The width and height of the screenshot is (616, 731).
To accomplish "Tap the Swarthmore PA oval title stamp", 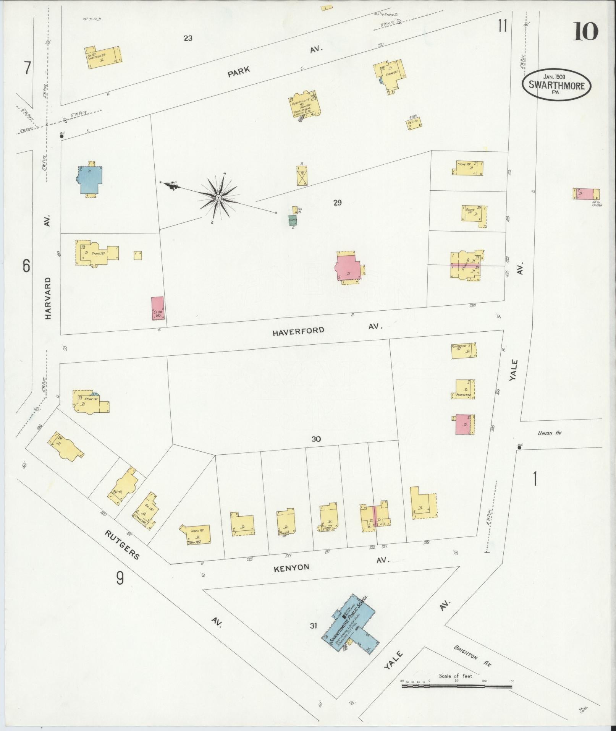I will (x=556, y=86).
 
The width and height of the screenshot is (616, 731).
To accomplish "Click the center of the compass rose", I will (x=218, y=198).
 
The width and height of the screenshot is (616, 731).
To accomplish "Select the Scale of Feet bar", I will (x=456, y=687).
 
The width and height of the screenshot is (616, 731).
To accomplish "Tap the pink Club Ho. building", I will (x=158, y=308).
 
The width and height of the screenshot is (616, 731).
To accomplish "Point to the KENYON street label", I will (x=291, y=568).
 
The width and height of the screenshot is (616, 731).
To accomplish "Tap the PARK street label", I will (x=239, y=71).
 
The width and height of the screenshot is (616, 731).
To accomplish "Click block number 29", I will (x=337, y=203).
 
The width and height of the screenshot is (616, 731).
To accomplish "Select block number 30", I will (x=316, y=439).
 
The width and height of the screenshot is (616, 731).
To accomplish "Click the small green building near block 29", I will (x=293, y=220).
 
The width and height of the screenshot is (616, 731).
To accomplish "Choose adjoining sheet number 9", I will (x=120, y=590).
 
